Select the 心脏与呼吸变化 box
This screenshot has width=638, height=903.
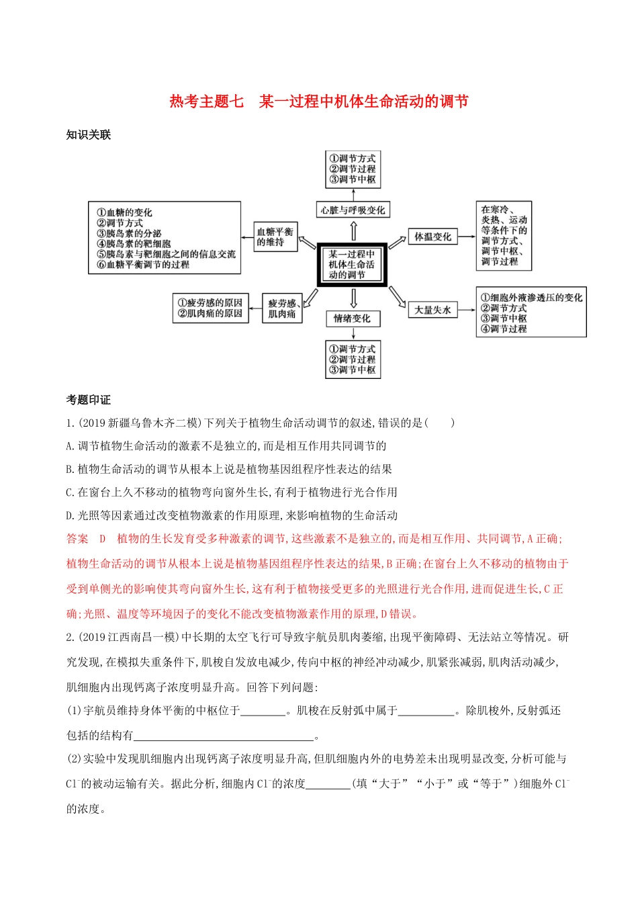353,210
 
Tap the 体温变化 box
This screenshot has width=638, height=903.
432,236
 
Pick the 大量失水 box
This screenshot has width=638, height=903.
432,310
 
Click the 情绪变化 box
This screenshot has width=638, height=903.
352,318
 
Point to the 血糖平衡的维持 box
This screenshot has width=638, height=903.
275,236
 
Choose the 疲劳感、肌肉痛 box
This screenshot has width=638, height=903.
282,308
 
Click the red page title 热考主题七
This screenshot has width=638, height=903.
206,101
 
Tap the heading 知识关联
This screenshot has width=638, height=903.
88,134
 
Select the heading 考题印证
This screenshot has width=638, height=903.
88,400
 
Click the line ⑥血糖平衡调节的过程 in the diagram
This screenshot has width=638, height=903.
143,265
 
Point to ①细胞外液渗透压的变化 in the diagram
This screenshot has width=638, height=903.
531,298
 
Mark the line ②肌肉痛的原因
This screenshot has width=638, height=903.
210,313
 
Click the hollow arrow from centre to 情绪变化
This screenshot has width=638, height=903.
353,298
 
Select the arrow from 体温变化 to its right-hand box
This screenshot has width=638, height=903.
466,236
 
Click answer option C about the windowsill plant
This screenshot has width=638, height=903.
232,492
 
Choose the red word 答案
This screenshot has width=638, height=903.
77,539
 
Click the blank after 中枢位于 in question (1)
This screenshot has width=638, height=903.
263,710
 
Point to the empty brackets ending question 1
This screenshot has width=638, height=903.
441,423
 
